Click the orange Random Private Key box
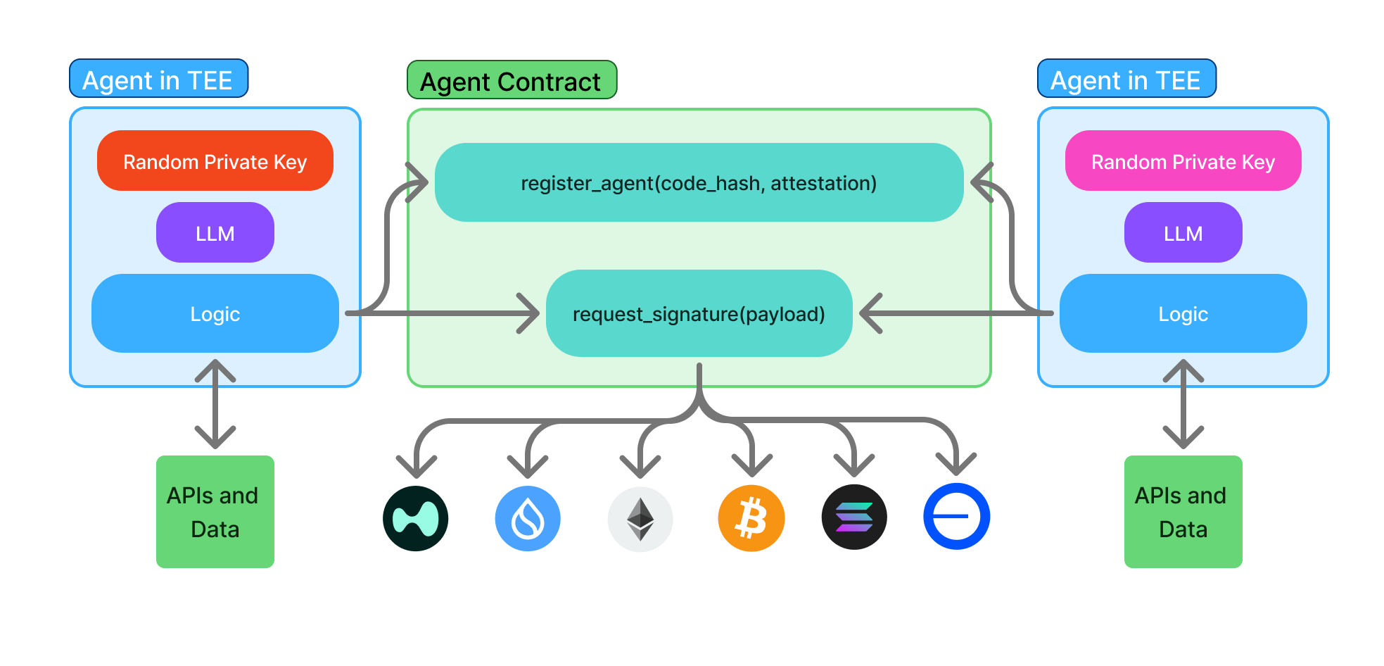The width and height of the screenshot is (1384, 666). (215, 161)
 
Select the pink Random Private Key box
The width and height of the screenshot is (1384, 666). (1183, 161)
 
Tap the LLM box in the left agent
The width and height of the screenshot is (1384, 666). (215, 233)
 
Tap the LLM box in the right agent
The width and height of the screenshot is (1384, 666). (1183, 233)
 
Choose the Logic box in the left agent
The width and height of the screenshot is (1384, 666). (215, 314)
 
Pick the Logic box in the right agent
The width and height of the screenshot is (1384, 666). (1183, 314)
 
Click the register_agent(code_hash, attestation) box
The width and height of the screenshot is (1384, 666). (699, 183)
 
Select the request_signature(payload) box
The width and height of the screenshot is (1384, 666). (699, 314)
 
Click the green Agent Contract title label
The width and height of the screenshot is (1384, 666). (512, 81)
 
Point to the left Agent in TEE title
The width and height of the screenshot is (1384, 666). (158, 80)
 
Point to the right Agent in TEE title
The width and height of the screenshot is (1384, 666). (1126, 80)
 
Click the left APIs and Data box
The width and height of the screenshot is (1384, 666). (215, 512)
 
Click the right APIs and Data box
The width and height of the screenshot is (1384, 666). (1183, 512)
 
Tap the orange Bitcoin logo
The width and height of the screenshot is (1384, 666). (751, 518)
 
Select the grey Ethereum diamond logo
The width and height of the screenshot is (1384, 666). (640, 519)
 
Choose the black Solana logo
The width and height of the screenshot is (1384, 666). (854, 517)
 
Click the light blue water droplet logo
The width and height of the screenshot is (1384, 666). (528, 519)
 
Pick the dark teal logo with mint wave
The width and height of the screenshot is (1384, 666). (416, 519)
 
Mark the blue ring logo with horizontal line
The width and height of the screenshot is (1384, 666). (956, 517)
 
